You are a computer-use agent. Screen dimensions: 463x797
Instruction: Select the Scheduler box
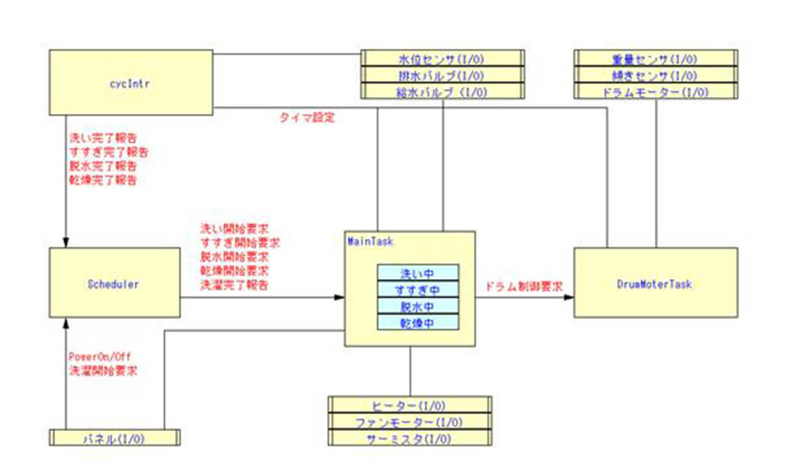[114, 283]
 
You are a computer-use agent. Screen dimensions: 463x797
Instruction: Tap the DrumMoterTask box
[655, 284]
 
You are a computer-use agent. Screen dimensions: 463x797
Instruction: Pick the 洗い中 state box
[418, 272]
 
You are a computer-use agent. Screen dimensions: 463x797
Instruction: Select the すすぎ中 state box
[418, 290]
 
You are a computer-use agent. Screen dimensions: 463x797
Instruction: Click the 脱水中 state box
[418, 306]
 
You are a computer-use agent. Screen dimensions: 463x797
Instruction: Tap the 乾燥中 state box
[418, 323]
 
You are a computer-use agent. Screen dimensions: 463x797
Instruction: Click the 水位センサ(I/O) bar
[424, 59]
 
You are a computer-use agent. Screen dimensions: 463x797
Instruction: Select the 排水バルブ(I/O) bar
[424, 75]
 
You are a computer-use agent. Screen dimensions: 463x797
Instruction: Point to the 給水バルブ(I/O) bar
[424, 92]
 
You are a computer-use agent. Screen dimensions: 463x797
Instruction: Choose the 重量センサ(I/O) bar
[654, 59]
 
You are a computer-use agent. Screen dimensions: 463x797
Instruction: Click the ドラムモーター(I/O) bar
[654, 92]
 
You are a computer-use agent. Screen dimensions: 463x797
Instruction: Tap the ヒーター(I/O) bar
[409, 405]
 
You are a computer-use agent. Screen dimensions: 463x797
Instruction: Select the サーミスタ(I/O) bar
[409, 438]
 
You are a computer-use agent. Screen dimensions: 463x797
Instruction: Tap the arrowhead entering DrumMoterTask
[569, 298]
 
